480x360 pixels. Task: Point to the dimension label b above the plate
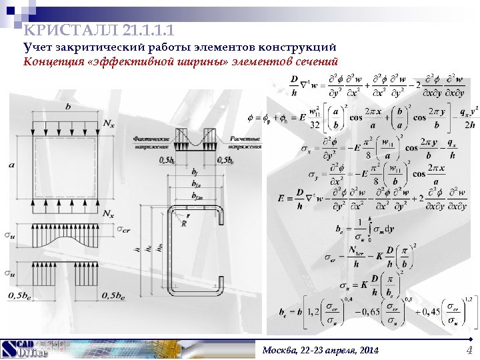[67, 107]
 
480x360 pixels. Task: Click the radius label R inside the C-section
[183, 224]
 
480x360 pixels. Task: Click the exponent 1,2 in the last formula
[468, 298]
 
